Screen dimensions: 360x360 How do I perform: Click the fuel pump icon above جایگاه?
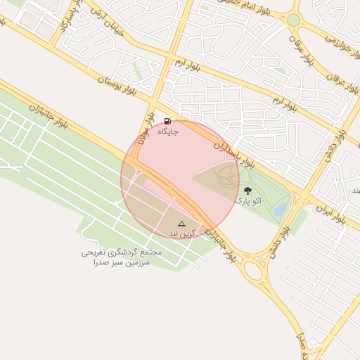click(x=168, y=120)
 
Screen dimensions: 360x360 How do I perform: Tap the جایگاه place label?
click(x=168, y=131)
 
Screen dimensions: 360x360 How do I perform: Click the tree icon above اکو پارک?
click(x=247, y=190)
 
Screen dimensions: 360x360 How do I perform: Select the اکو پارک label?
click(x=247, y=201)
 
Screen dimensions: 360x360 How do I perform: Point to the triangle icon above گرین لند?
click(x=181, y=223)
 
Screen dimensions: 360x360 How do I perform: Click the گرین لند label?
click(x=181, y=233)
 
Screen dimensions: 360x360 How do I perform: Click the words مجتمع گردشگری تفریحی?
click(x=122, y=252)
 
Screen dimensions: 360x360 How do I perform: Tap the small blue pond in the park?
click(x=280, y=210)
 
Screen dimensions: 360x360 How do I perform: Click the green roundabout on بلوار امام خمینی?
click(x=293, y=20)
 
